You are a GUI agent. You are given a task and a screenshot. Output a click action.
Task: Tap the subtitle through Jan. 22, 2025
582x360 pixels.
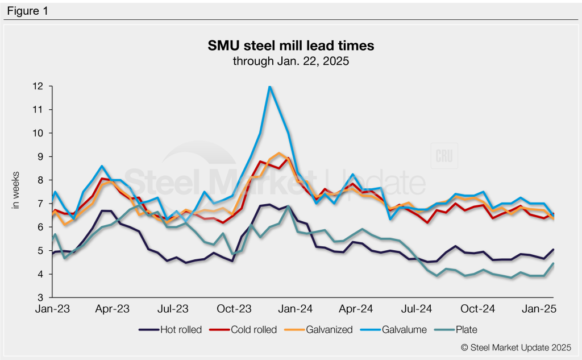click(x=290, y=61)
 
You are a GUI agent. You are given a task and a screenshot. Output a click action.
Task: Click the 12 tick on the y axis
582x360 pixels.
click(x=39, y=86)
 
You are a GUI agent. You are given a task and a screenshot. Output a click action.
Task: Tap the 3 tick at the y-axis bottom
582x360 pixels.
click(x=41, y=298)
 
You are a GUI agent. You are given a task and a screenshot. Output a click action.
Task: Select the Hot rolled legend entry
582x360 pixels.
click(x=171, y=330)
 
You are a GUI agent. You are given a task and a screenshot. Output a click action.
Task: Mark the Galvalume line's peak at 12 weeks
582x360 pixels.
click(x=269, y=86)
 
